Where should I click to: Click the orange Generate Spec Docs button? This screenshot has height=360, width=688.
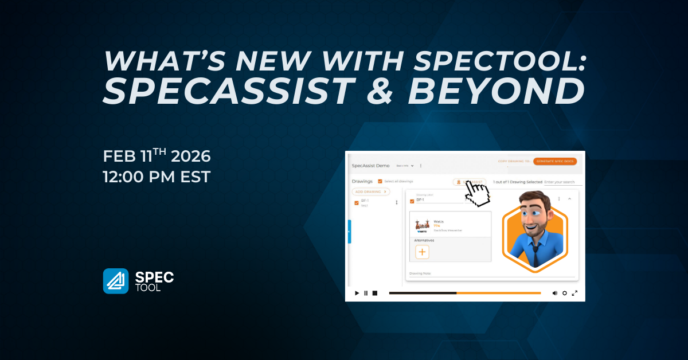[554, 162]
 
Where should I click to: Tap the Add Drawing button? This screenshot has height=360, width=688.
[370, 191]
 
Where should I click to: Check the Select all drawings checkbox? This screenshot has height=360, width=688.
[380, 181]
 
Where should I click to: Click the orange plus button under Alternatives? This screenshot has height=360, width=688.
[422, 252]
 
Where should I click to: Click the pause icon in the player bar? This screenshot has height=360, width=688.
[366, 293]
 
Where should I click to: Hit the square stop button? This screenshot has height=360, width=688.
[375, 293]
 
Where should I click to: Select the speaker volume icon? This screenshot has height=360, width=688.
[554, 293]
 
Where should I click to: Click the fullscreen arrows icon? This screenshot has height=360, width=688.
[574, 293]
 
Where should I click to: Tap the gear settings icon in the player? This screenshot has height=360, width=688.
[565, 293]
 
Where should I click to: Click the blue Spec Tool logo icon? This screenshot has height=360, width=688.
[116, 281]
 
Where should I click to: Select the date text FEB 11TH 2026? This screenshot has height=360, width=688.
[157, 156]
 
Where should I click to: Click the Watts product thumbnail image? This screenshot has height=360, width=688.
[424, 224]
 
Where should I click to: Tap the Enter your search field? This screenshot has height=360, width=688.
[562, 182]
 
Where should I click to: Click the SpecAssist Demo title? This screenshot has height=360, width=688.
[370, 166]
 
